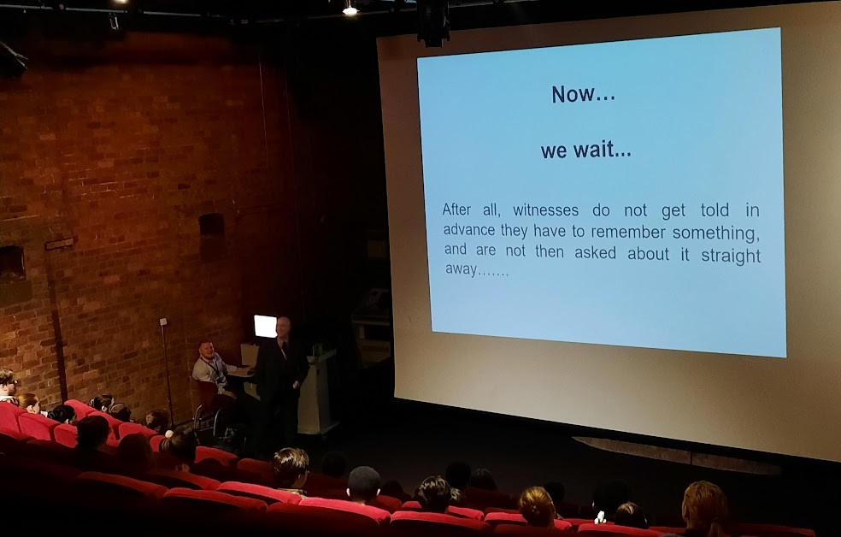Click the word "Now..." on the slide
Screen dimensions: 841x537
pyautogui.click(x=583, y=94)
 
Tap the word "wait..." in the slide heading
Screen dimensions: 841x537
pyautogui.click(x=603, y=150)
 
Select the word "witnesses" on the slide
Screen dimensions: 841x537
pyautogui.click(x=545, y=209)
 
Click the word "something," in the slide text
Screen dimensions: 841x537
pyautogui.click(x=716, y=233)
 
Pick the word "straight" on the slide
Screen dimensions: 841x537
pyautogui.click(x=731, y=256)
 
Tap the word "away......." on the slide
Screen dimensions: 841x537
pyautogui.click(x=476, y=270)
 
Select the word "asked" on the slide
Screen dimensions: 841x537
pyautogui.click(x=596, y=252)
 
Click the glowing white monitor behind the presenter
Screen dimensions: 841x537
pyautogui.click(x=265, y=326)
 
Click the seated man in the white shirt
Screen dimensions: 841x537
pyautogui.click(x=212, y=370)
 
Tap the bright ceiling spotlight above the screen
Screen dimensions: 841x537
pyautogui.click(x=350, y=9)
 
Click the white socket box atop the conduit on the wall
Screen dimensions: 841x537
pyautogui.click(x=163, y=322)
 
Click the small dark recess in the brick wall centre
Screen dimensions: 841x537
pyautogui.click(x=212, y=236)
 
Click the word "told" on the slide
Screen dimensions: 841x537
pyautogui.click(x=715, y=209)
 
